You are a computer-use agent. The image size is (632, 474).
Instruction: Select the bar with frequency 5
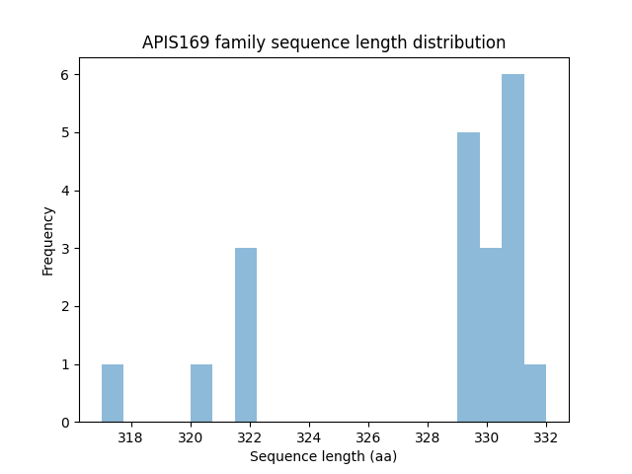click(x=468, y=277)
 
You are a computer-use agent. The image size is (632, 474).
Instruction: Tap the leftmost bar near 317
click(x=113, y=393)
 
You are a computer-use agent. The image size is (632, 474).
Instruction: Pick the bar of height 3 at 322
click(x=246, y=335)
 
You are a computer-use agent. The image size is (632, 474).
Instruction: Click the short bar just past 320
click(x=201, y=393)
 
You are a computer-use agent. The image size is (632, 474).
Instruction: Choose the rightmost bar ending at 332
click(x=534, y=393)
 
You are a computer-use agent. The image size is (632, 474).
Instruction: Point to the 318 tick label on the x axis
click(x=130, y=438)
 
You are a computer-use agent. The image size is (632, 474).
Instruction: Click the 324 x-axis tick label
click(x=309, y=438)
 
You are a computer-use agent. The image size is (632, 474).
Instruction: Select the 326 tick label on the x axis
click(x=368, y=438)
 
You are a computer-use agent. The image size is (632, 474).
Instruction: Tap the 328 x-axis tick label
click(x=428, y=438)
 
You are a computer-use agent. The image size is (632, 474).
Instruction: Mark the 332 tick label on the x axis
click(x=546, y=438)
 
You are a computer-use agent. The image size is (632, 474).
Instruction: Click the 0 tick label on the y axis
click(x=64, y=423)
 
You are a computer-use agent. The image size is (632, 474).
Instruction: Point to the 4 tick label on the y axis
click(x=64, y=191)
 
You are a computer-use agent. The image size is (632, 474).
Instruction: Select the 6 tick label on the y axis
click(x=64, y=75)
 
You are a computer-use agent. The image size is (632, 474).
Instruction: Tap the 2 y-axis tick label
click(x=64, y=307)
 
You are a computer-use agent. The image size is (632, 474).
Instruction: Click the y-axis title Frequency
click(x=47, y=240)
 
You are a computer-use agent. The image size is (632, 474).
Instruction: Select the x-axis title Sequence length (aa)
click(x=323, y=456)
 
